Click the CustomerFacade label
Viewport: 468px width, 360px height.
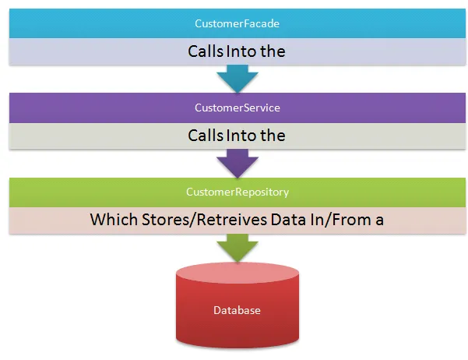237,23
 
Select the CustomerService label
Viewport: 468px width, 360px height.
238,108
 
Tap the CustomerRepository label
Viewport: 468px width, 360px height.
238,192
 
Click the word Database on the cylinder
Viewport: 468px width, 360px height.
237,310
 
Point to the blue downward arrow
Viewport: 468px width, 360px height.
238,79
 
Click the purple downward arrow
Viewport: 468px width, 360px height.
238,164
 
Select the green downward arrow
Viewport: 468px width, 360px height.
238,248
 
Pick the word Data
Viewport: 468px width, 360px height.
289,220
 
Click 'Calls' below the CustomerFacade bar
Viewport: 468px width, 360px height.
206,51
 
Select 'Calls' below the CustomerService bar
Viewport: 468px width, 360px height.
206,136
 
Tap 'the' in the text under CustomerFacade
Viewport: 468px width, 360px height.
273,51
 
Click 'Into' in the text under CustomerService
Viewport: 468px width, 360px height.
241,136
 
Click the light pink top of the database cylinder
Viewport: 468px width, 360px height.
238,273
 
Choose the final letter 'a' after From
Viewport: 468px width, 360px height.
379,221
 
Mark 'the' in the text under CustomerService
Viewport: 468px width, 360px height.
273,136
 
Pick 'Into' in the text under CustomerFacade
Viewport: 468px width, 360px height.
241,51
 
